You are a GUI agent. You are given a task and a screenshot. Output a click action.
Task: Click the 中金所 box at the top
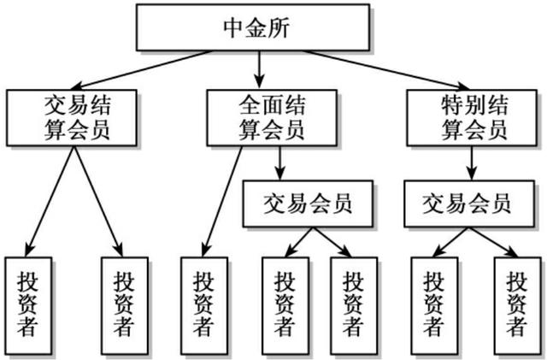pos(253,27)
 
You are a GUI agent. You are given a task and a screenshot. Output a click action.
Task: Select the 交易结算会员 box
pos(72,118)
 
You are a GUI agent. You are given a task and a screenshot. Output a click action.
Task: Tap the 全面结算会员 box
pos(272,118)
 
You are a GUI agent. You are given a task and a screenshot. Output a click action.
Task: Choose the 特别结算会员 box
pos(472,118)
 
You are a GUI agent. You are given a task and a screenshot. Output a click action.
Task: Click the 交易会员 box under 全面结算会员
pos(308,204)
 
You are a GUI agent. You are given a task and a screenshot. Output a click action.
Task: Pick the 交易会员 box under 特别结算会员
pos(469,204)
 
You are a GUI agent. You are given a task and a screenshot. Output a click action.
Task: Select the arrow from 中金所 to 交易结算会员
pos(141,70)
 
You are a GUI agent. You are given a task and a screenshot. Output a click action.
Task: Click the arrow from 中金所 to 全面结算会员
pos(259,70)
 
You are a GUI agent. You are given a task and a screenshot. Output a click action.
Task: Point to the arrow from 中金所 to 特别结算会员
pos(386,70)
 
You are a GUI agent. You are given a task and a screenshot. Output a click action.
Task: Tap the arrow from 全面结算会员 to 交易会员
pos(279,163)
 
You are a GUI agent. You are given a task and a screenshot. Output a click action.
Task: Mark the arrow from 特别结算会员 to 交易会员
pos(472,163)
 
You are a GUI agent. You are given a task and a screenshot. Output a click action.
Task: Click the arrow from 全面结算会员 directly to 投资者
pos(222,202)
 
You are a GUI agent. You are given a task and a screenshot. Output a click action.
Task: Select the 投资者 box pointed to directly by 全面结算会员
pos(204,305)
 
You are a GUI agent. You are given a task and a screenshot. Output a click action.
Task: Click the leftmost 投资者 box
pos(28,305)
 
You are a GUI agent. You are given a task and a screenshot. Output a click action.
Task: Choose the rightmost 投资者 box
pos(518,305)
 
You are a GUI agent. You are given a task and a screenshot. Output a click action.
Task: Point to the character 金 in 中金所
pos(256,28)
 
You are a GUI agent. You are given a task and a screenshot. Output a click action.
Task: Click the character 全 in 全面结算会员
pos(250,105)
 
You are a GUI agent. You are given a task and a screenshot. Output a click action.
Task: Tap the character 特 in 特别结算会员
pos(453,105)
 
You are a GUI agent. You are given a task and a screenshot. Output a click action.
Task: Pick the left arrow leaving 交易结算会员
pos(50,202)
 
